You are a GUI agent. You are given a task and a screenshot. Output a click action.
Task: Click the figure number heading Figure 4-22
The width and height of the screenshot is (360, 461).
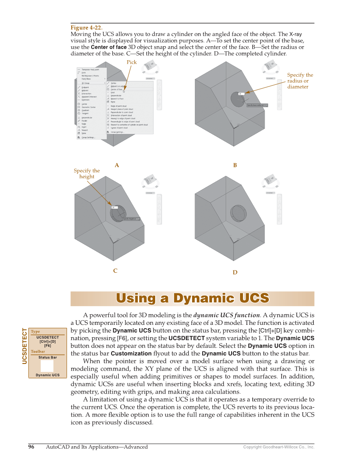tap(87, 28)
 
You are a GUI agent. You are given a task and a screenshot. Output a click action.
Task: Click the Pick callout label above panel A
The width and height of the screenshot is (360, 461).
tap(131, 62)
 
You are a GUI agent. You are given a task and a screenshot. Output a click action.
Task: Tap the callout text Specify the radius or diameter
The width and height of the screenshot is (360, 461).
tap(300, 81)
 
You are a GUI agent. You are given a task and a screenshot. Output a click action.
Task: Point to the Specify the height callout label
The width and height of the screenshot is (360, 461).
tap(87, 173)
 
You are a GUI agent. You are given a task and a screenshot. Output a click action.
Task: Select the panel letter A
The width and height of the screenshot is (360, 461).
tap(117, 165)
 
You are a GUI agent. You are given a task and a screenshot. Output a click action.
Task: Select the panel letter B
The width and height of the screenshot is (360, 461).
tap(235, 165)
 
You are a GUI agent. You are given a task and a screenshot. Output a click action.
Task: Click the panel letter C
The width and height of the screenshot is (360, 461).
tap(115, 271)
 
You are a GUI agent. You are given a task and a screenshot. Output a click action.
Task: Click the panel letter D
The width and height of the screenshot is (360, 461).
tap(235, 272)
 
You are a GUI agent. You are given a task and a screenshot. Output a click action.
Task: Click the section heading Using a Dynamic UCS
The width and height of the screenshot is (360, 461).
tap(192, 298)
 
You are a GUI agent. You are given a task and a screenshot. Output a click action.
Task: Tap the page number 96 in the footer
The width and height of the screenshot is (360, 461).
tap(31, 447)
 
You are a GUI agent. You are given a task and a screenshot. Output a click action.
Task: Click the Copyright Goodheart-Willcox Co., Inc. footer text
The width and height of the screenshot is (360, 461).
tap(279, 447)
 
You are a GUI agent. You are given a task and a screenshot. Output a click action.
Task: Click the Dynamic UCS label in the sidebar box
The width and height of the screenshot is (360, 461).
tap(47, 375)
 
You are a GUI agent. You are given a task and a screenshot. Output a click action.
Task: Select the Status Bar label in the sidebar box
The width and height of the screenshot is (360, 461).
tap(47, 358)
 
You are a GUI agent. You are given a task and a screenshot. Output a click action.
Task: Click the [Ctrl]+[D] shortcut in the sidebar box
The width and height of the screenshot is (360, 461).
tap(47, 341)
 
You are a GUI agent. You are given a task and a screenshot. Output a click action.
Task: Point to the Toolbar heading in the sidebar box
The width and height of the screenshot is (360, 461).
tap(38, 352)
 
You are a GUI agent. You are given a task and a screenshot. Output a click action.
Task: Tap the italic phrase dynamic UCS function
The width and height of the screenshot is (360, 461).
tap(226, 315)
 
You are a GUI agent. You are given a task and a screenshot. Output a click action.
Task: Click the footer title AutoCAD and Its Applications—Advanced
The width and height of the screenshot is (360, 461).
tap(97, 447)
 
